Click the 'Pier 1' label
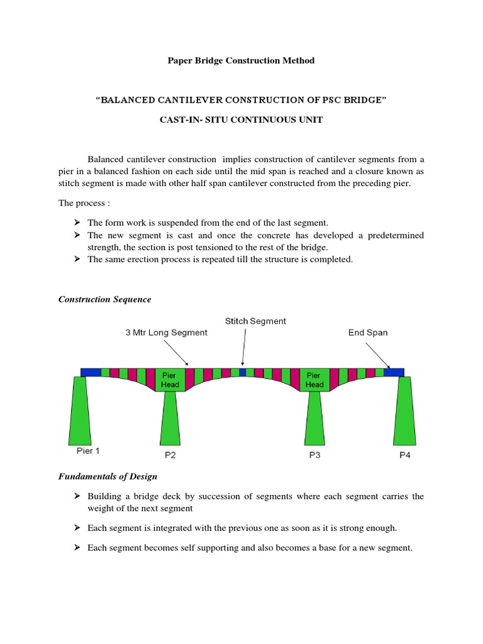point(84,450)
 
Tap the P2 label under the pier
point(170,455)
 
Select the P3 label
point(314,455)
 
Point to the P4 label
point(404,455)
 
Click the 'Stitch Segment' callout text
point(255,321)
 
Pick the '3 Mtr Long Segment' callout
point(166,333)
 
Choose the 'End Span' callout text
point(368,333)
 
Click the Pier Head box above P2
point(170,380)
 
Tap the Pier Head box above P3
point(314,380)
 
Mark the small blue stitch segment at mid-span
point(243,372)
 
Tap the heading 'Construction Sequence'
point(104,299)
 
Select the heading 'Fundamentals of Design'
point(108,476)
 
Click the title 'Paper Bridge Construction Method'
point(241,60)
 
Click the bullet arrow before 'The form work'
point(77,223)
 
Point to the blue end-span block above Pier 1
point(91,372)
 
